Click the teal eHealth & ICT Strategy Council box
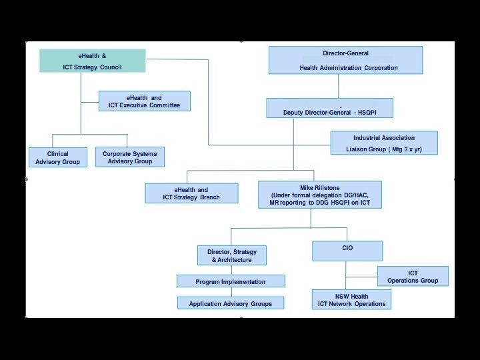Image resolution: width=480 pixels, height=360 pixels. point(92,61)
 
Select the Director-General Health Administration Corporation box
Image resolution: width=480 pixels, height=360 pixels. point(345,60)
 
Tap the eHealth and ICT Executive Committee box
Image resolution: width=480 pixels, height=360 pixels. point(144,101)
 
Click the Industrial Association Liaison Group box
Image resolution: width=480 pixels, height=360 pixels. point(384,143)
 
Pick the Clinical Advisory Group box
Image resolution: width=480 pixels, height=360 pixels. point(58,157)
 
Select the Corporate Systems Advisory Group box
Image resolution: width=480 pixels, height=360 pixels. point(129,157)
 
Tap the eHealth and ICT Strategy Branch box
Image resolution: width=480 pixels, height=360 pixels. point(191,193)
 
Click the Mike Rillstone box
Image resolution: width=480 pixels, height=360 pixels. point(320,195)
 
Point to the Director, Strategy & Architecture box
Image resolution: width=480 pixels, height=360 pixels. point(231,255)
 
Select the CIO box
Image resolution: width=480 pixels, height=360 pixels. point(347,251)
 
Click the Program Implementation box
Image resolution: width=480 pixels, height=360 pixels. point(230,281)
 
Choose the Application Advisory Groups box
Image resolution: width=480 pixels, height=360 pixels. point(230,303)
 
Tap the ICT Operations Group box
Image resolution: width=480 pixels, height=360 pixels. point(413,276)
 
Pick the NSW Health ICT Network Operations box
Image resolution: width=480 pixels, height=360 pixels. point(351,300)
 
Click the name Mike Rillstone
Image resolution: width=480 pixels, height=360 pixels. point(320,188)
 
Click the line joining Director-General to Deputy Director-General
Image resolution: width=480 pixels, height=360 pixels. point(339,86)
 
